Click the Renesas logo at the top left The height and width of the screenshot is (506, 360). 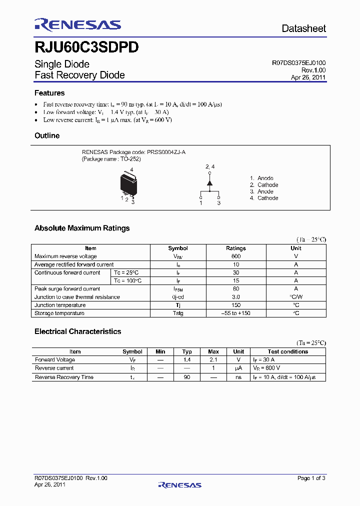click(77, 25)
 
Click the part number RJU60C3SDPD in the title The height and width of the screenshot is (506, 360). click(86, 47)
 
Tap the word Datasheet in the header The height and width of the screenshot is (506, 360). click(303, 28)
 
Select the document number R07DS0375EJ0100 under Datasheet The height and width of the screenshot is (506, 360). click(298, 63)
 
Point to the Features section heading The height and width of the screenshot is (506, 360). click(49, 93)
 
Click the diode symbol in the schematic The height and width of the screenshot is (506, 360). click(209, 183)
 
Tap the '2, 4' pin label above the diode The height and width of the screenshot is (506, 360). click(210, 166)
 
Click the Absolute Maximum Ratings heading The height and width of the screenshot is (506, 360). click(82, 228)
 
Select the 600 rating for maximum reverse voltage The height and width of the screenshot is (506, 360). click(236, 256)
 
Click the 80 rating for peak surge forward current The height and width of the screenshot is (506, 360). click(236, 289)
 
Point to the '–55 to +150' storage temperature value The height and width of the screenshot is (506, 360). click(236, 313)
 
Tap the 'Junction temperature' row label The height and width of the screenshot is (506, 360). click(60, 305)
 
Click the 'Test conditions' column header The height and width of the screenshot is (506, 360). click(287, 351)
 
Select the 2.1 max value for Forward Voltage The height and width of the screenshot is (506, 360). click(213, 359)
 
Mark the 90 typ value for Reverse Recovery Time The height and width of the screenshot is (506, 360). click(187, 377)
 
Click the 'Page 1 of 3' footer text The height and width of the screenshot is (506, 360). click(311, 478)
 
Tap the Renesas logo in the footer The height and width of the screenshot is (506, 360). click(179, 485)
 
